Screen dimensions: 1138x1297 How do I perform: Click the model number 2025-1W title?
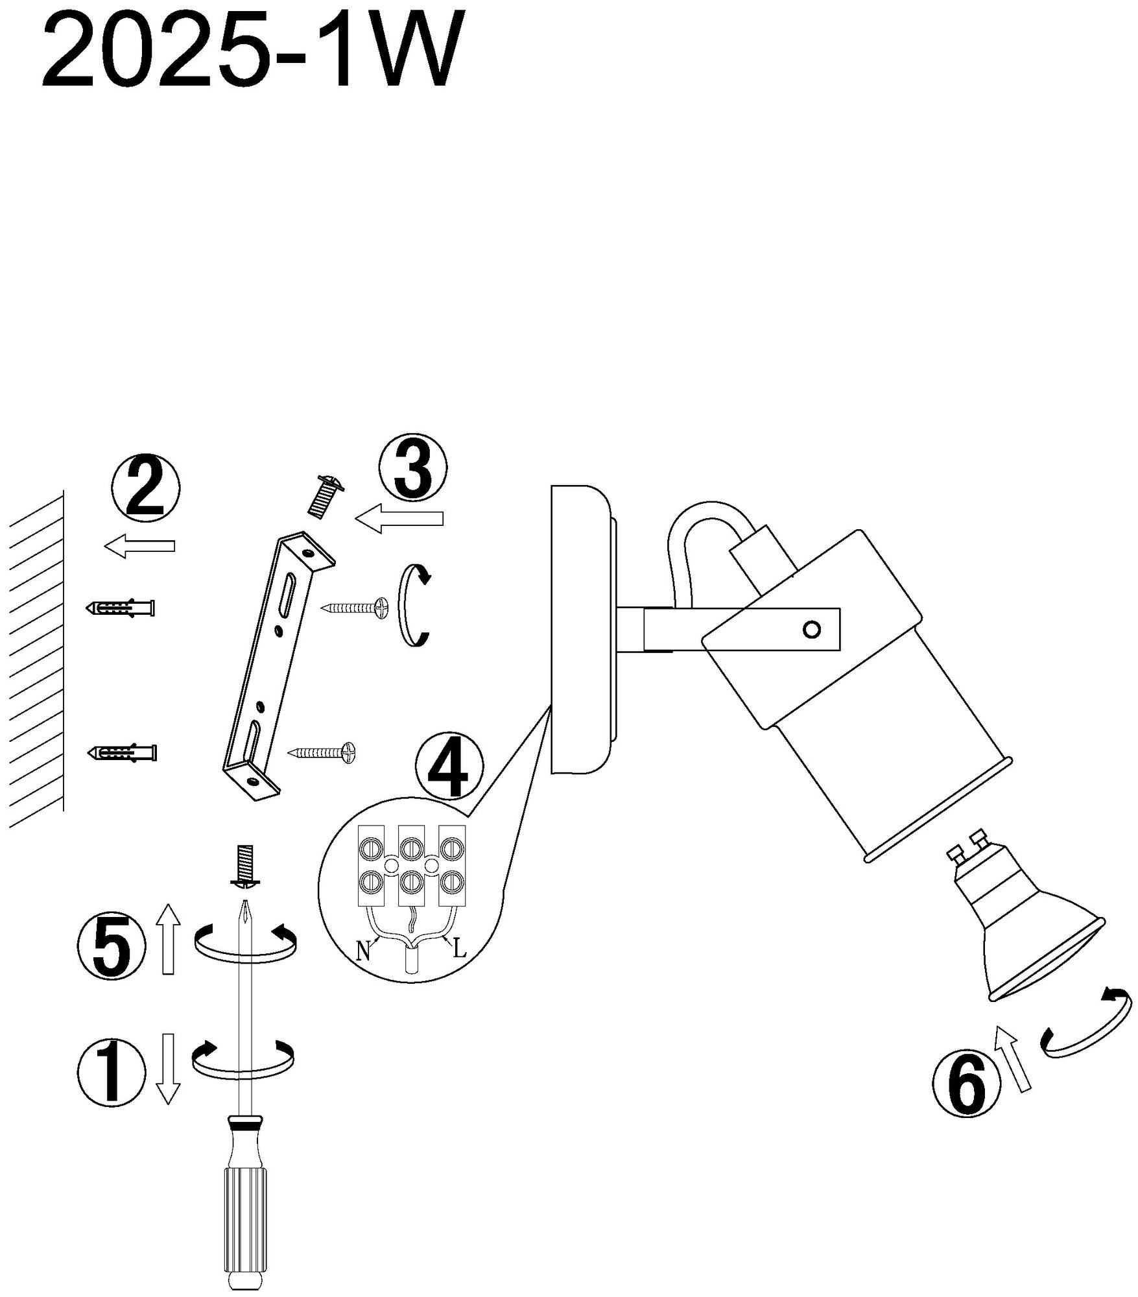(253, 52)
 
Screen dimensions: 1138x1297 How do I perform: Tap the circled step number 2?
(146, 488)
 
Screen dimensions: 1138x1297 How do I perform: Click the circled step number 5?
(110, 949)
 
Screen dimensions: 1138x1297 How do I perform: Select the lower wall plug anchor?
(123, 753)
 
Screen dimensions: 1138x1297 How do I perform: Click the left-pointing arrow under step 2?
(139, 545)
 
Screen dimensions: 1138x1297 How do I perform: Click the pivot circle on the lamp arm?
(811, 629)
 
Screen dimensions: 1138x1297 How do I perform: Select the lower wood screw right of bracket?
(322, 752)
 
